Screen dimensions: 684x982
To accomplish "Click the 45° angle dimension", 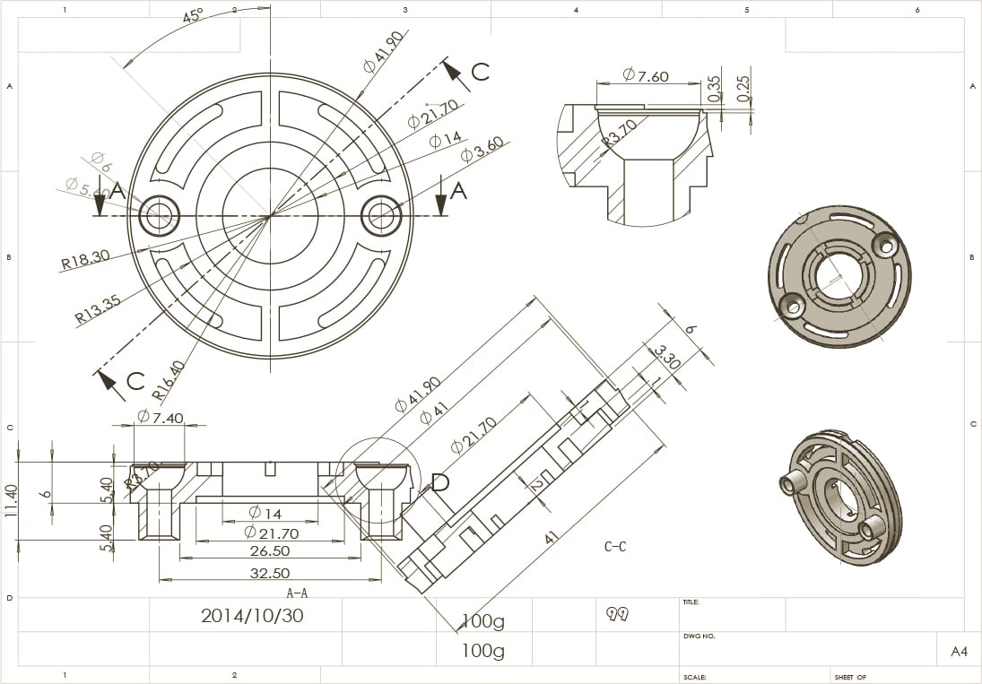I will coord(193,16).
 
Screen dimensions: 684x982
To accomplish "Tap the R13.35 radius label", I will coord(98,308).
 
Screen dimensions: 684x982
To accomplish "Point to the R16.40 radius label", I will coord(168,379).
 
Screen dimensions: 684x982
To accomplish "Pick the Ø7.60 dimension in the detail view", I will coord(646,76).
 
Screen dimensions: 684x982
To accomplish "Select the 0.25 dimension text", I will coord(743,88).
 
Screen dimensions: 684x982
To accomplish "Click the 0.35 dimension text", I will coord(714,88).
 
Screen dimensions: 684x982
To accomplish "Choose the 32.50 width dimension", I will coord(270,574).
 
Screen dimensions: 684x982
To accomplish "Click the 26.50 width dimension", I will coord(270,551).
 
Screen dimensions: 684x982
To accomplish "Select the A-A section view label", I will coord(297,593).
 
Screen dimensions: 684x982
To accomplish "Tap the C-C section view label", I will coord(615,546).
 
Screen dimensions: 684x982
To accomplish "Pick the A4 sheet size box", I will coord(959,652).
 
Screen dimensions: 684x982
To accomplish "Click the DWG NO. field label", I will coord(699,636).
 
